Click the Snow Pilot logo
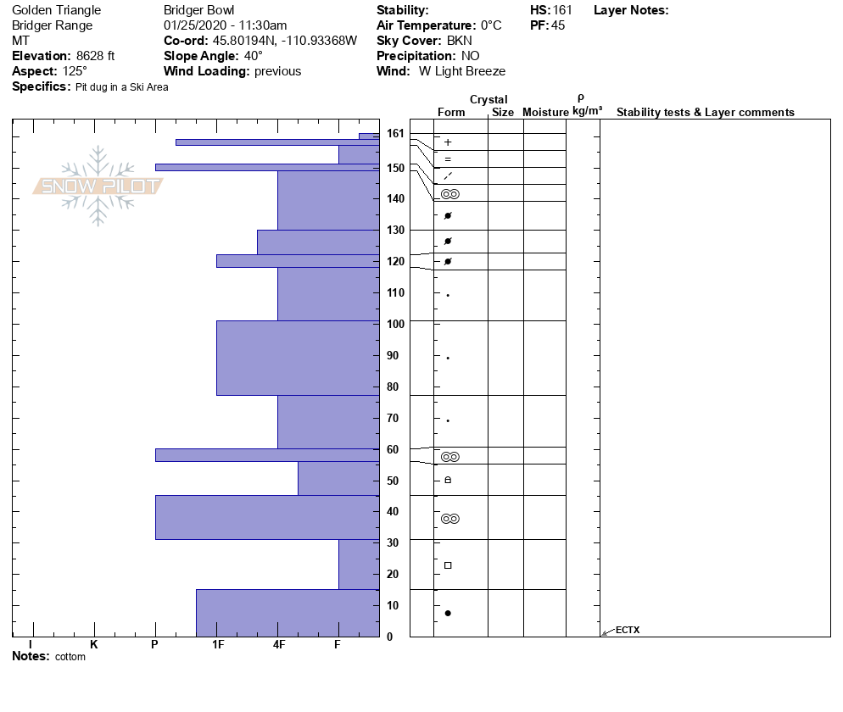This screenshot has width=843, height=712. (98, 186)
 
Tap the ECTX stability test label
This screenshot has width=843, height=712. (628, 630)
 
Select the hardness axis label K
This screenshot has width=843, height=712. (94, 644)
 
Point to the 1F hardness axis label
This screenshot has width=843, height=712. (218, 644)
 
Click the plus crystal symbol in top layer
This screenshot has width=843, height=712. (448, 142)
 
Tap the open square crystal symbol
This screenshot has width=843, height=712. (448, 565)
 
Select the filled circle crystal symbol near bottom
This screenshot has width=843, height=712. (448, 613)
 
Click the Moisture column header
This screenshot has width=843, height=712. (545, 113)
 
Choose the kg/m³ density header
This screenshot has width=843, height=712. (587, 111)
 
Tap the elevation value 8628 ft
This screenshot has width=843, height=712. (95, 56)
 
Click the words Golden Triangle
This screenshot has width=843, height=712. (56, 10)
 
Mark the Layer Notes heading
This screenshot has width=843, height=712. (631, 10)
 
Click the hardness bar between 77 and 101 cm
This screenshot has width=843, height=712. (298, 358)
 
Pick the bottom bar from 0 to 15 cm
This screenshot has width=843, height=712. (288, 612)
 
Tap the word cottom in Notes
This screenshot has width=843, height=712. (70, 657)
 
